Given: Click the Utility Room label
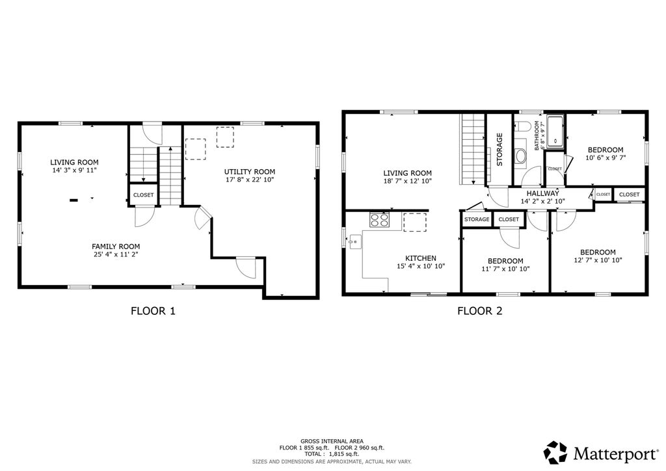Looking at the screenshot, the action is (250, 172).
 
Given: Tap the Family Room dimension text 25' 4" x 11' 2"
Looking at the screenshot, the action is (116, 254).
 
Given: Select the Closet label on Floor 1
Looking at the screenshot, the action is (144, 195).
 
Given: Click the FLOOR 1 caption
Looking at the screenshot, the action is (153, 311).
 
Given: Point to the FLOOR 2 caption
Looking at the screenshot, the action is (479, 311).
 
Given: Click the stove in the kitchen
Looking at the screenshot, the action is (379, 220).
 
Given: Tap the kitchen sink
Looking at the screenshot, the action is (354, 241).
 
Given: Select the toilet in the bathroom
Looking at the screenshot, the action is (522, 127).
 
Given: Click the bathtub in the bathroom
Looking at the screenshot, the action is (555, 131).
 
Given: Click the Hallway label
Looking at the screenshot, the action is (543, 193).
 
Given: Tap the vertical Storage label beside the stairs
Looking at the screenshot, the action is (499, 150).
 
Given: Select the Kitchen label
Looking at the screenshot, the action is (421, 258).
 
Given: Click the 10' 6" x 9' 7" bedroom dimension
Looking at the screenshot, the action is (606, 157).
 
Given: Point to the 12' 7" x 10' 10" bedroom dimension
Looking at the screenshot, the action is (598, 260).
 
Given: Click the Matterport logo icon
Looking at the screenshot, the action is (555, 453).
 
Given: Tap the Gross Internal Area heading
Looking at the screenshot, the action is (332, 441).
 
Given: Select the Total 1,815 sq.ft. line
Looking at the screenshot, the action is (332, 454).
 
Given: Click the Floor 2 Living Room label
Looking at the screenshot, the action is (407, 173).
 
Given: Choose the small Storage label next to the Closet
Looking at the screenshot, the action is (477, 219).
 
